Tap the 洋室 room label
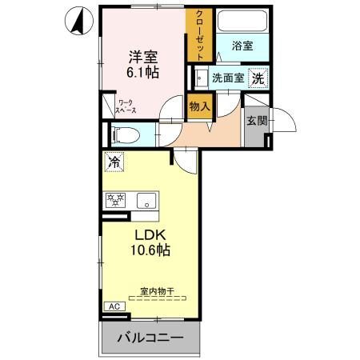[x=143, y=58]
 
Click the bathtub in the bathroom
[x=242, y=22]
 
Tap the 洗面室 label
[x=226, y=78]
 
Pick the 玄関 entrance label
[x=256, y=122]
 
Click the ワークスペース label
[x=126, y=106]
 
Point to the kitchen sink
[x=146, y=200]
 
